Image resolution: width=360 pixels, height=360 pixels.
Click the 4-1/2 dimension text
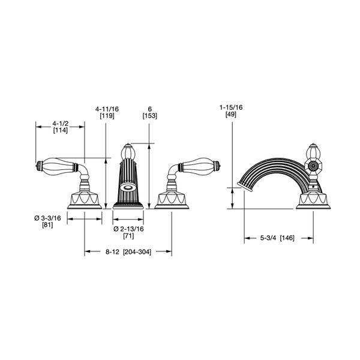pos(61,124)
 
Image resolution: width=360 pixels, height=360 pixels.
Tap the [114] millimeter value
pos(61,130)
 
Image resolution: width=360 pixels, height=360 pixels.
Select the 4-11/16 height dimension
pos(107,109)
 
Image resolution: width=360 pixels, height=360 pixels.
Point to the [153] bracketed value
pos(149,116)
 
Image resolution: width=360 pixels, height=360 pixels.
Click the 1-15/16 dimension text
pos(231,107)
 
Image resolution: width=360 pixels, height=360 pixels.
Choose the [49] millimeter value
pos(231,114)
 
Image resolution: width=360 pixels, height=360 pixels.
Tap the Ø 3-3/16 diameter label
pos(48,218)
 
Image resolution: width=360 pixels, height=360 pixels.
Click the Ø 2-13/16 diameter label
pos(128,229)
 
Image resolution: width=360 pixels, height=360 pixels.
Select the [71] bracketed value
pos(128,236)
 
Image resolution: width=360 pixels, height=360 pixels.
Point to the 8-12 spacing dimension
pos(112,252)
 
